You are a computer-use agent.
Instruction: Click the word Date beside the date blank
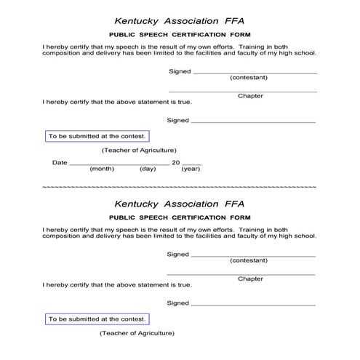click(60, 163)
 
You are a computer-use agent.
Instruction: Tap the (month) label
click(102, 169)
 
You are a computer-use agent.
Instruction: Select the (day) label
click(148, 169)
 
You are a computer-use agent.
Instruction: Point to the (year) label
click(191, 169)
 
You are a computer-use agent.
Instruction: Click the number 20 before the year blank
click(175, 163)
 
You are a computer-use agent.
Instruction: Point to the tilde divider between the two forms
click(180, 188)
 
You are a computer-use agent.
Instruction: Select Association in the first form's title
click(191, 21)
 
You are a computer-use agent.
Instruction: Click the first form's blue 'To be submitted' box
click(97, 136)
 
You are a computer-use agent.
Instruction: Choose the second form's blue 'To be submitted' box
click(97, 319)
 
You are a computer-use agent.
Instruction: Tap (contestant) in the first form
click(249, 77)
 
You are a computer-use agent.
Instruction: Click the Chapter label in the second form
click(250, 279)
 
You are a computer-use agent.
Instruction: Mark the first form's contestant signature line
click(255, 73)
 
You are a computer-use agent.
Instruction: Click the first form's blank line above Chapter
click(243, 92)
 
